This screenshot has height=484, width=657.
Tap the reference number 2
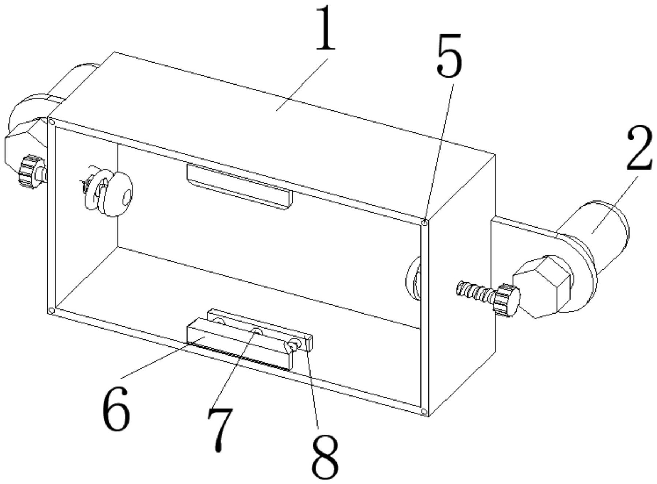[x=639, y=148]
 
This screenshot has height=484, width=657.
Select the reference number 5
[x=449, y=55]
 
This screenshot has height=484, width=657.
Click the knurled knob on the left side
[x=31, y=171]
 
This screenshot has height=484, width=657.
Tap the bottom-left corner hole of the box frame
[x=52, y=311]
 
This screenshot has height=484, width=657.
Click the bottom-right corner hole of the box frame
[x=424, y=412]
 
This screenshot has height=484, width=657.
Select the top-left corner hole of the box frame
[x=52, y=121]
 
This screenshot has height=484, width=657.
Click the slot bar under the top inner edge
[x=240, y=187]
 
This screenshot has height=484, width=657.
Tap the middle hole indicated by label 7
[x=257, y=331]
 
